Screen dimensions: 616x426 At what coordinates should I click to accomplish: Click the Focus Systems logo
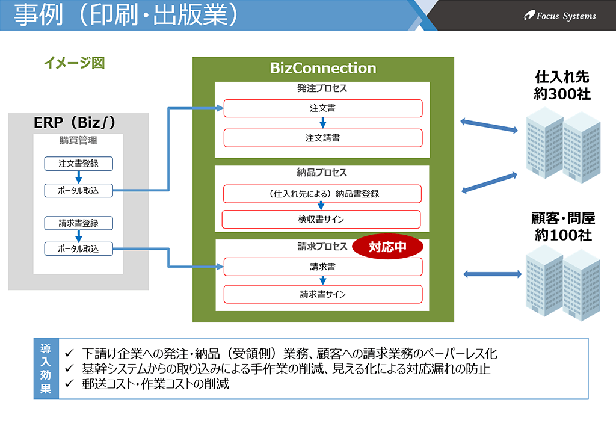(559, 16)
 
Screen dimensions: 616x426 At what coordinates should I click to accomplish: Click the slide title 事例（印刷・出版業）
(126, 14)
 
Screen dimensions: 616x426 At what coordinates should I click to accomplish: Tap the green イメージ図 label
(74, 63)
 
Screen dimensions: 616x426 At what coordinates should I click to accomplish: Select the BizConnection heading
(323, 68)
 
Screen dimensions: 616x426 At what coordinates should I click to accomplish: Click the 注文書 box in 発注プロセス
(323, 108)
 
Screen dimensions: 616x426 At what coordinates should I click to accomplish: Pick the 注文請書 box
(323, 138)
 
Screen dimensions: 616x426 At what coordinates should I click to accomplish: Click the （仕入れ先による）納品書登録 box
(322, 194)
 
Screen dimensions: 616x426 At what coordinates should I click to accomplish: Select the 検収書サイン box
(321, 219)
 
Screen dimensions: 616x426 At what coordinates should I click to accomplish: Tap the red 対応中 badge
(387, 247)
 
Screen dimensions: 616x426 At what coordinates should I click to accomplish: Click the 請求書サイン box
(323, 294)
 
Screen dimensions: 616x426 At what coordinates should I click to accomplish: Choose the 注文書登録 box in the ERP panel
(79, 164)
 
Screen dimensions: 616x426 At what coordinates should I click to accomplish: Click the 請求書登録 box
(79, 223)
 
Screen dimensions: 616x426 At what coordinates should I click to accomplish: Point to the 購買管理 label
(78, 140)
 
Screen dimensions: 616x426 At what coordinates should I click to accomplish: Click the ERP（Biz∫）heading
(75, 122)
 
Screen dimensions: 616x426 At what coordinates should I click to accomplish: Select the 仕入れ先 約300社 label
(562, 85)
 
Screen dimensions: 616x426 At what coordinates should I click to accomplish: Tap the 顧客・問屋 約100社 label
(563, 226)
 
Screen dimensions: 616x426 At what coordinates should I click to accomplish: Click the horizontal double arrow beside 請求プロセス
(492, 274)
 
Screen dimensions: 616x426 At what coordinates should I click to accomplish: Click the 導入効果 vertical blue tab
(46, 369)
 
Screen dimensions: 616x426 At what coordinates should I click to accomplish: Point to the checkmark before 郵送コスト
(69, 383)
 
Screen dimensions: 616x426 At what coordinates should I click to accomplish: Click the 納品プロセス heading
(322, 173)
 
